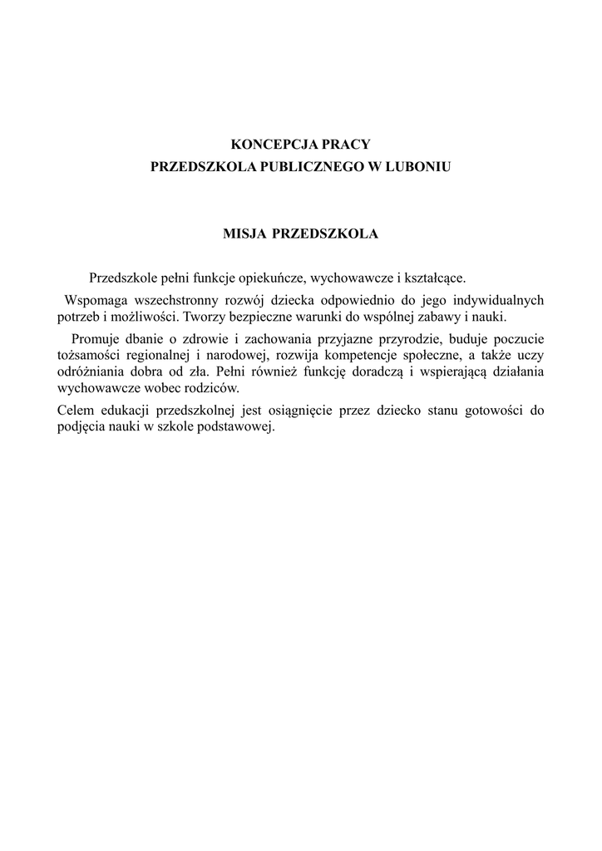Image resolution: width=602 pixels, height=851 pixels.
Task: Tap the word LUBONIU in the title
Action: (420, 167)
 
